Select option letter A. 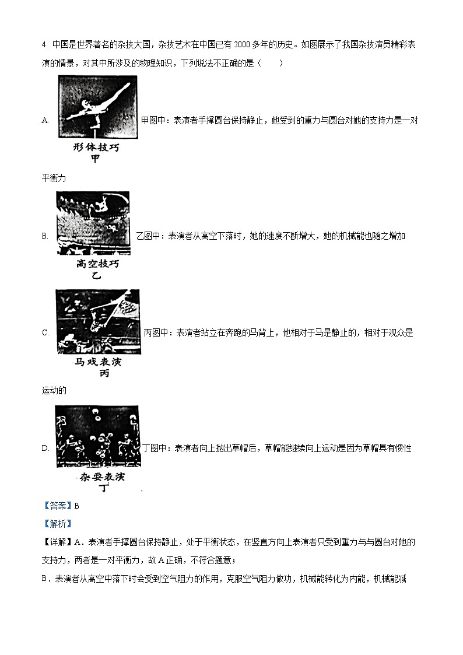coord(45,120)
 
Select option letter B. coord(45,236)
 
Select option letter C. coord(45,333)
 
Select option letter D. coord(45,448)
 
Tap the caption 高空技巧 coord(97,264)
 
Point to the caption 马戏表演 coord(97,362)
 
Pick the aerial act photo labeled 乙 coord(94,223)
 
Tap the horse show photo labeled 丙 coord(97,321)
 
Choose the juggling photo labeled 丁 coord(97,437)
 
